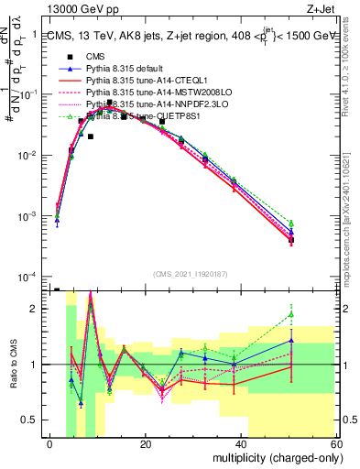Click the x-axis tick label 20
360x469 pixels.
coord(146,444)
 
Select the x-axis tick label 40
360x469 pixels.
coord(241,444)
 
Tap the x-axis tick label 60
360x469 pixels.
coord(335,444)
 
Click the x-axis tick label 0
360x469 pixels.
coord(50,444)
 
